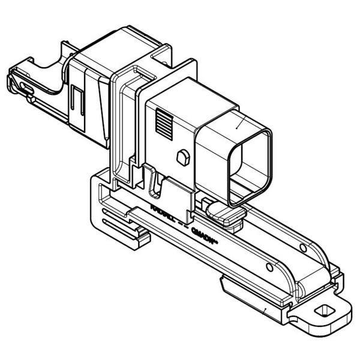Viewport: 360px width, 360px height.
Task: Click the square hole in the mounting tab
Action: (x=325, y=310)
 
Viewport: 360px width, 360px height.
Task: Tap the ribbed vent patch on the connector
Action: (x=164, y=124)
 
